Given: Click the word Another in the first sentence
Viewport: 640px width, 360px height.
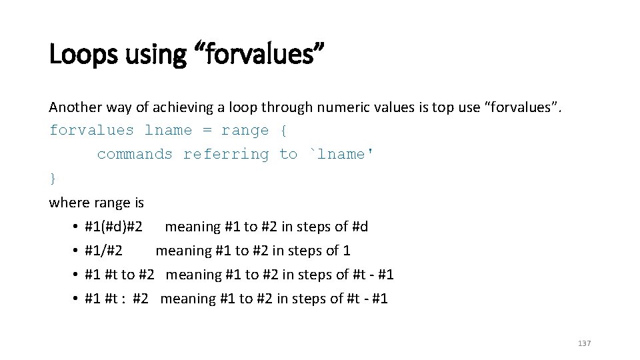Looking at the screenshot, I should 75,107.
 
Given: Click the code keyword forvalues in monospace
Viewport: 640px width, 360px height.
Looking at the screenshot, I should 92,130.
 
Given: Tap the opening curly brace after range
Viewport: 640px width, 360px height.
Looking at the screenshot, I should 283,130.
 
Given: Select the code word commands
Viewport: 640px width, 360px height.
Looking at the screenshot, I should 135,154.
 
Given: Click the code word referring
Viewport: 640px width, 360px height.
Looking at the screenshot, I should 226,154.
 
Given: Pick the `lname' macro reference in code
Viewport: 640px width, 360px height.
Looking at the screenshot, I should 341,154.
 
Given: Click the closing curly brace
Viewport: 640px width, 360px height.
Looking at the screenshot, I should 53,178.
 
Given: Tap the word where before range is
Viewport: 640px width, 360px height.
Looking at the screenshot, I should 69,202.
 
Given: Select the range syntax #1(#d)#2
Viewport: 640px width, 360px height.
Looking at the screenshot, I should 114,227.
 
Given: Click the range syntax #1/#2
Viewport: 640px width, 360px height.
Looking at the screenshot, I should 104,251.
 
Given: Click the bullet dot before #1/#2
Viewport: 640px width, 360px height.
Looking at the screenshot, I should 77,251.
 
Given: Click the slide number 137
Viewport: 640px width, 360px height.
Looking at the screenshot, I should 584,343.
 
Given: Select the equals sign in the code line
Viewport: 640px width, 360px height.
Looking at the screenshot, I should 207,130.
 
